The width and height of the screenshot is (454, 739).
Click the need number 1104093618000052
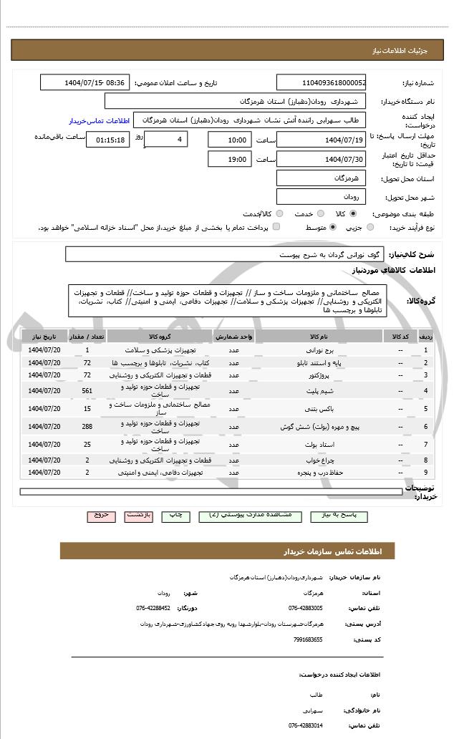(x=322, y=82)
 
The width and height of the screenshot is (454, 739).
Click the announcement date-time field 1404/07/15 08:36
(x=85, y=82)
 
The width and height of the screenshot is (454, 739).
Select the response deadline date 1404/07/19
(x=322, y=139)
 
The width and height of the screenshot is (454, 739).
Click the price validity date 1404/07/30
(x=322, y=159)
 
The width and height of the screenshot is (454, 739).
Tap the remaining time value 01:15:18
(x=107, y=140)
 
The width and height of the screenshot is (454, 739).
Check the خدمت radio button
(x=319, y=213)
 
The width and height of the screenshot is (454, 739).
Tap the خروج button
(x=101, y=515)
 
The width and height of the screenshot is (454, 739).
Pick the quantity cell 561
(x=87, y=390)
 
